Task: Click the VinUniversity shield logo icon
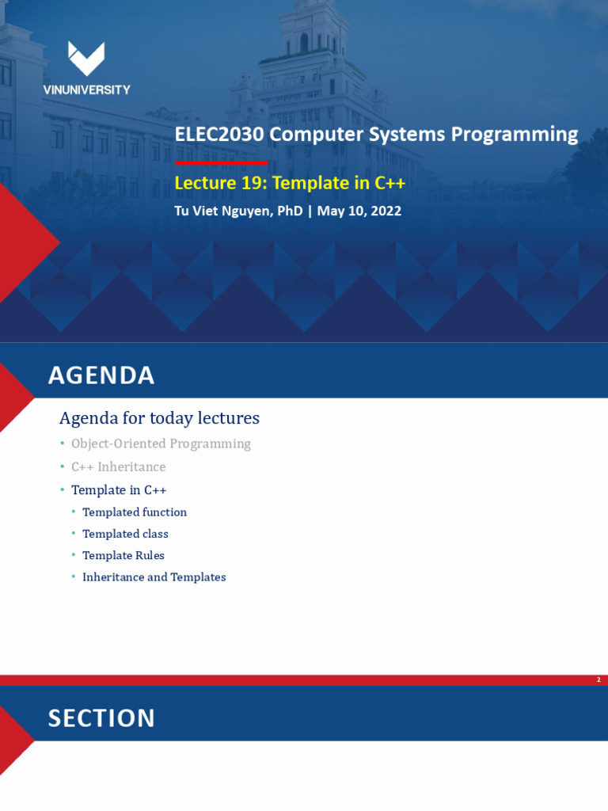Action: tap(86, 59)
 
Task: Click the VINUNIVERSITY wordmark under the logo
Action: tap(87, 90)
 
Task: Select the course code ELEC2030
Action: tap(219, 135)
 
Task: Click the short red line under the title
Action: tap(222, 163)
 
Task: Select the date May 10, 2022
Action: tap(359, 211)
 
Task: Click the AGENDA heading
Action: tap(101, 375)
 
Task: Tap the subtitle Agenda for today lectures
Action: tap(159, 418)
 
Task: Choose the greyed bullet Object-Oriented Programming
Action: tap(161, 444)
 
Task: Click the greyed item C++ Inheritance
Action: tap(119, 467)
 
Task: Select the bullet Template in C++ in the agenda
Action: tap(119, 489)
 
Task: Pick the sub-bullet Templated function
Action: tap(135, 512)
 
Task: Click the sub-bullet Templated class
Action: tap(125, 534)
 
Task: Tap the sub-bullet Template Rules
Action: tap(123, 555)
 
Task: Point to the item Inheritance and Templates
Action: tap(154, 577)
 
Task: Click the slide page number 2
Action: tap(598, 680)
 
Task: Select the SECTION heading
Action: tap(101, 718)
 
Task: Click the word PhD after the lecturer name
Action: tap(290, 211)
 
